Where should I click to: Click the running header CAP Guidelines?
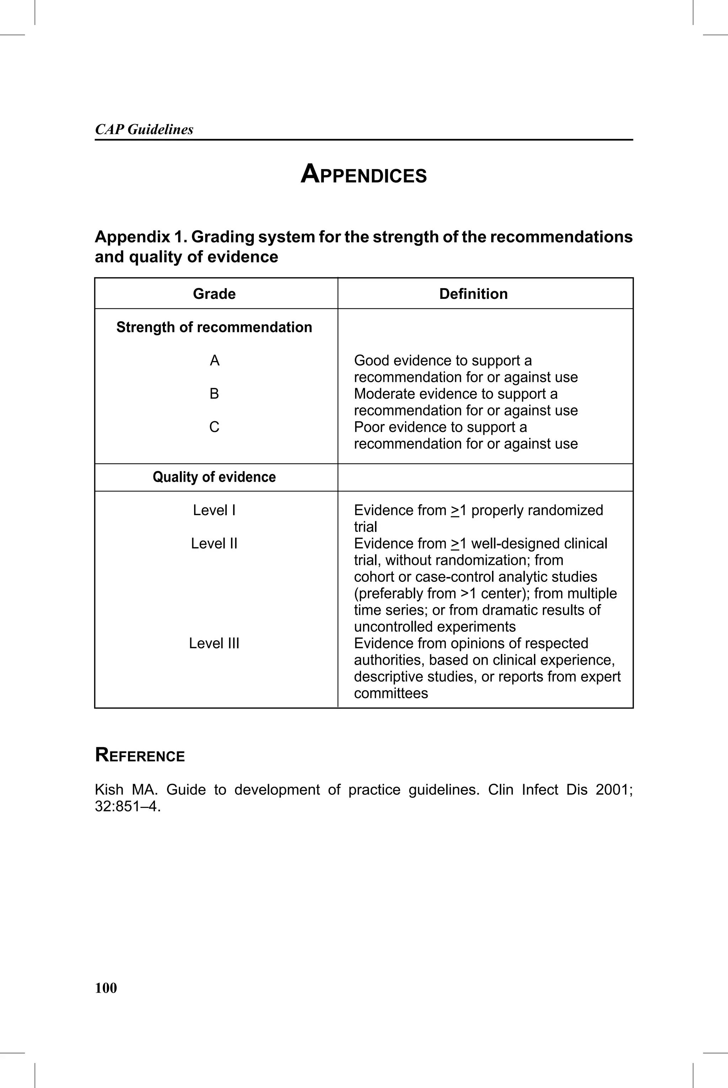pos(144,129)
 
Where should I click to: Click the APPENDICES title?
pos(364,175)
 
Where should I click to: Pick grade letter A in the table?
pos(214,360)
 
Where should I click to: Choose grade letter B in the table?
pos(214,394)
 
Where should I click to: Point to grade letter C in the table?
pos(214,427)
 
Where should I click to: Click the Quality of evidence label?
pos(214,477)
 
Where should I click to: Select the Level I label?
pos(214,510)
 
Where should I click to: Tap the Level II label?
pos(214,544)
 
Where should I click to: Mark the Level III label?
pos(214,643)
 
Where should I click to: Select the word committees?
pos(391,693)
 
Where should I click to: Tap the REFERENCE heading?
pos(140,755)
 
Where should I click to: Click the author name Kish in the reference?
pos(109,790)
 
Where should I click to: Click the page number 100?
pos(106,988)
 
